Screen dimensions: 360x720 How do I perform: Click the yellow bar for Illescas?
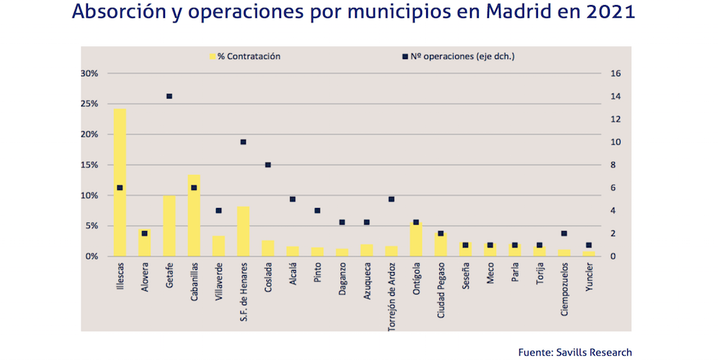(120, 183)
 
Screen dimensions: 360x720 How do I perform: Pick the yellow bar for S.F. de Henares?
(243, 231)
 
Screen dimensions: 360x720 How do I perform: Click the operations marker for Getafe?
(169, 96)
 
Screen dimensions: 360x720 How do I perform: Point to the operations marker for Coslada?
(268, 165)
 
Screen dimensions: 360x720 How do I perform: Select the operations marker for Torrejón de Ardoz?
(392, 199)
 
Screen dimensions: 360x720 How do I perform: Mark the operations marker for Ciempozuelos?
(564, 233)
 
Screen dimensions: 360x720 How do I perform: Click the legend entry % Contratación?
(245, 55)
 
